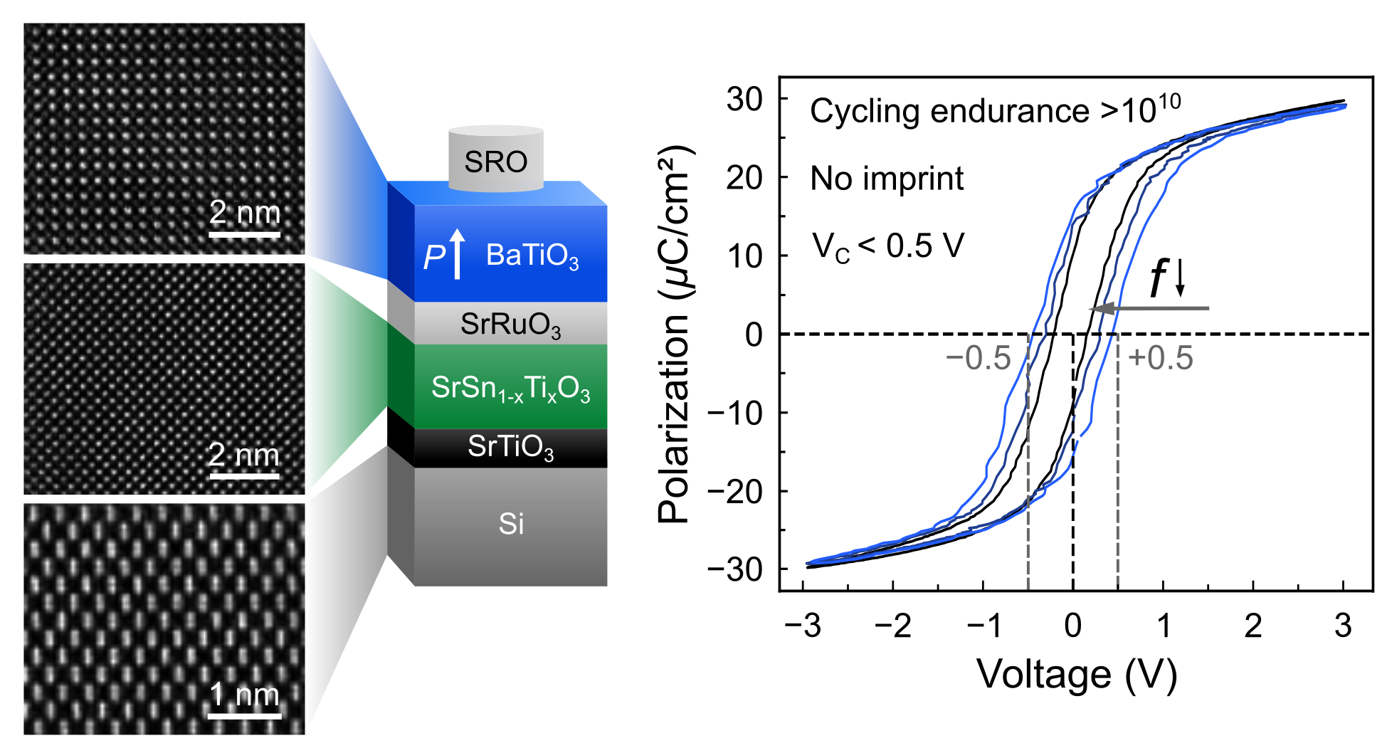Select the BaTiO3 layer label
coord(532,256)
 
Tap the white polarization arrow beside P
coord(458,254)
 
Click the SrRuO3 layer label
coord(510,325)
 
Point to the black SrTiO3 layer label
coord(510,447)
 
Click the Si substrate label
coord(511,525)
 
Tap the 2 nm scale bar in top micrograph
coord(245,233)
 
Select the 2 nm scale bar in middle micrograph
coord(243,475)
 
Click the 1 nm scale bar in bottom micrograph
coord(245,715)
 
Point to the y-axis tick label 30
coord(744,99)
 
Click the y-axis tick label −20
coord(734,491)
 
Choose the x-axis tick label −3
coord(802,626)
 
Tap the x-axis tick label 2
coord(1253,626)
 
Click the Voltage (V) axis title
coord(1076,674)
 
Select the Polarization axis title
coord(674,335)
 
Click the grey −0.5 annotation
coord(978,358)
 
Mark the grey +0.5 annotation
coord(1161,358)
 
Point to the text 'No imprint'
coord(887,179)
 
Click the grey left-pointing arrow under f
coord(1149,308)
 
